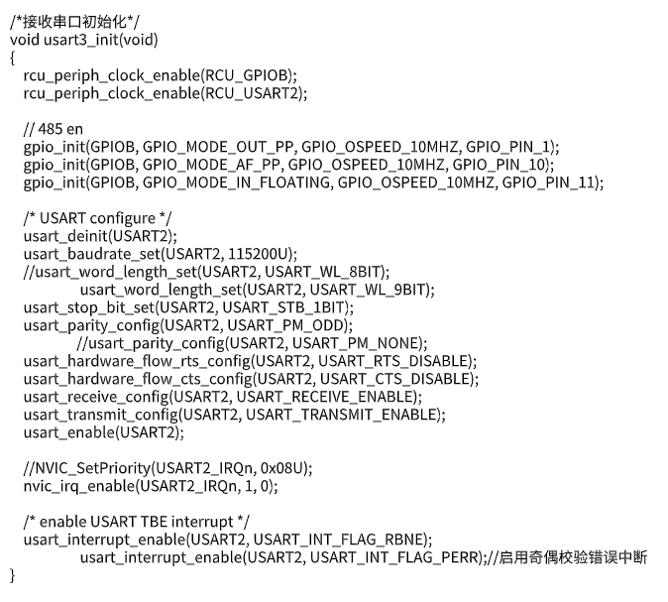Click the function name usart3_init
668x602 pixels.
pyautogui.click(x=81, y=40)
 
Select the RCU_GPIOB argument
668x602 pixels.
pyautogui.click(x=246, y=75)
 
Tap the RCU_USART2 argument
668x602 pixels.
pyautogui.click(x=252, y=93)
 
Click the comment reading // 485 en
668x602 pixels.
pyautogui.click(x=54, y=129)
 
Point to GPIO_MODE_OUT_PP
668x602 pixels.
pyautogui.click(x=218, y=147)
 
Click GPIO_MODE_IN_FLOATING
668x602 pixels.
pyautogui.click(x=236, y=182)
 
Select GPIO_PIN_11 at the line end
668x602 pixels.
pyautogui.click(x=548, y=182)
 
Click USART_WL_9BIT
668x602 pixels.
pyautogui.click(x=368, y=290)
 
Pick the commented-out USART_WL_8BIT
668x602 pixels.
pyautogui.click(x=323, y=272)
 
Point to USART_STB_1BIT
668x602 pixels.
pyautogui.click(x=283, y=307)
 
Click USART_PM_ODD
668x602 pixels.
pyautogui.click(x=285, y=325)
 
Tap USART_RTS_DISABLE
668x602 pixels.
pyautogui.click(x=393, y=362)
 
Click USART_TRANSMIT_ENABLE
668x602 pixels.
pyautogui.click(x=341, y=415)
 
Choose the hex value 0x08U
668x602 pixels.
pyautogui.click(x=281, y=468)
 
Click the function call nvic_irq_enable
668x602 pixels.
pyautogui.click(x=79, y=487)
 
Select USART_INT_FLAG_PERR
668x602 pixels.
pyautogui.click(x=394, y=557)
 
